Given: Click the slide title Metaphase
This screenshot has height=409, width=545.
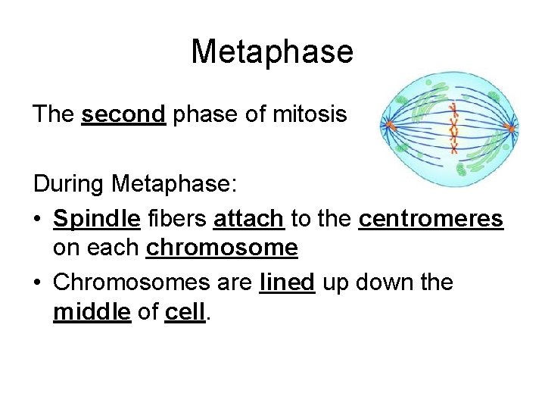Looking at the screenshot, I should tap(272, 52).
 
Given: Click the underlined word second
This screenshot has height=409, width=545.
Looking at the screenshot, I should tap(123, 114).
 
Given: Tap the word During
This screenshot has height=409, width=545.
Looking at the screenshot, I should tap(69, 183).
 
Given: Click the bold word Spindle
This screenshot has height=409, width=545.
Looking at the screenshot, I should tap(96, 219).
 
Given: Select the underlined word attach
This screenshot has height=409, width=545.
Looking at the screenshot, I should tap(249, 219).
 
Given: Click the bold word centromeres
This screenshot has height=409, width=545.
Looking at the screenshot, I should tap(430, 219).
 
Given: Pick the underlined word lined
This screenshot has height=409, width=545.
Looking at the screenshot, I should tap(287, 283).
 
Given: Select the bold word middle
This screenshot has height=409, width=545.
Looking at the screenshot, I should tap(92, 311).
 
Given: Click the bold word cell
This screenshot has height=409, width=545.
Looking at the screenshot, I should tap(185, 311).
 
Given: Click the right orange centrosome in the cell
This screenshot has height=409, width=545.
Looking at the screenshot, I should tap(511, 128).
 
